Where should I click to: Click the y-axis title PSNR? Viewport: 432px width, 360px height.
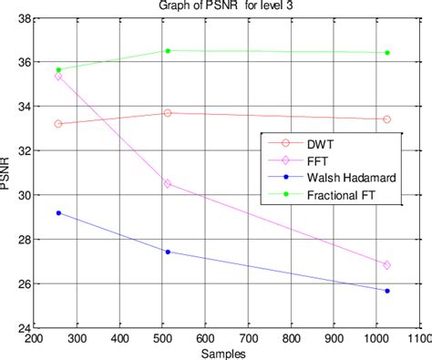(x=8, y=172)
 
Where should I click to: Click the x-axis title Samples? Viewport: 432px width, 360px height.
(x=227, y=353)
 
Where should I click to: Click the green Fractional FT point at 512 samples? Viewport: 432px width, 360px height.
(x=168, y=51)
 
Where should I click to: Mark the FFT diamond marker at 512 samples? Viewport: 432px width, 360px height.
(x=168, y=183)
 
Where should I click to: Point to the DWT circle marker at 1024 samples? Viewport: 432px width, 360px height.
(x=387, y=119)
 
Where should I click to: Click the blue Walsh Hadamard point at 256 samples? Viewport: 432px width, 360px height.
(x=59, y=213)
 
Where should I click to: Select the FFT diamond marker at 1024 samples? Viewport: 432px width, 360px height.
(x=387, y=265)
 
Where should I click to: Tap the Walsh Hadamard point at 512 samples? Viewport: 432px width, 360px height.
(x=168, y=252)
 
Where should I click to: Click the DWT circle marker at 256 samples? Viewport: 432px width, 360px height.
(x=59, y=124)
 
